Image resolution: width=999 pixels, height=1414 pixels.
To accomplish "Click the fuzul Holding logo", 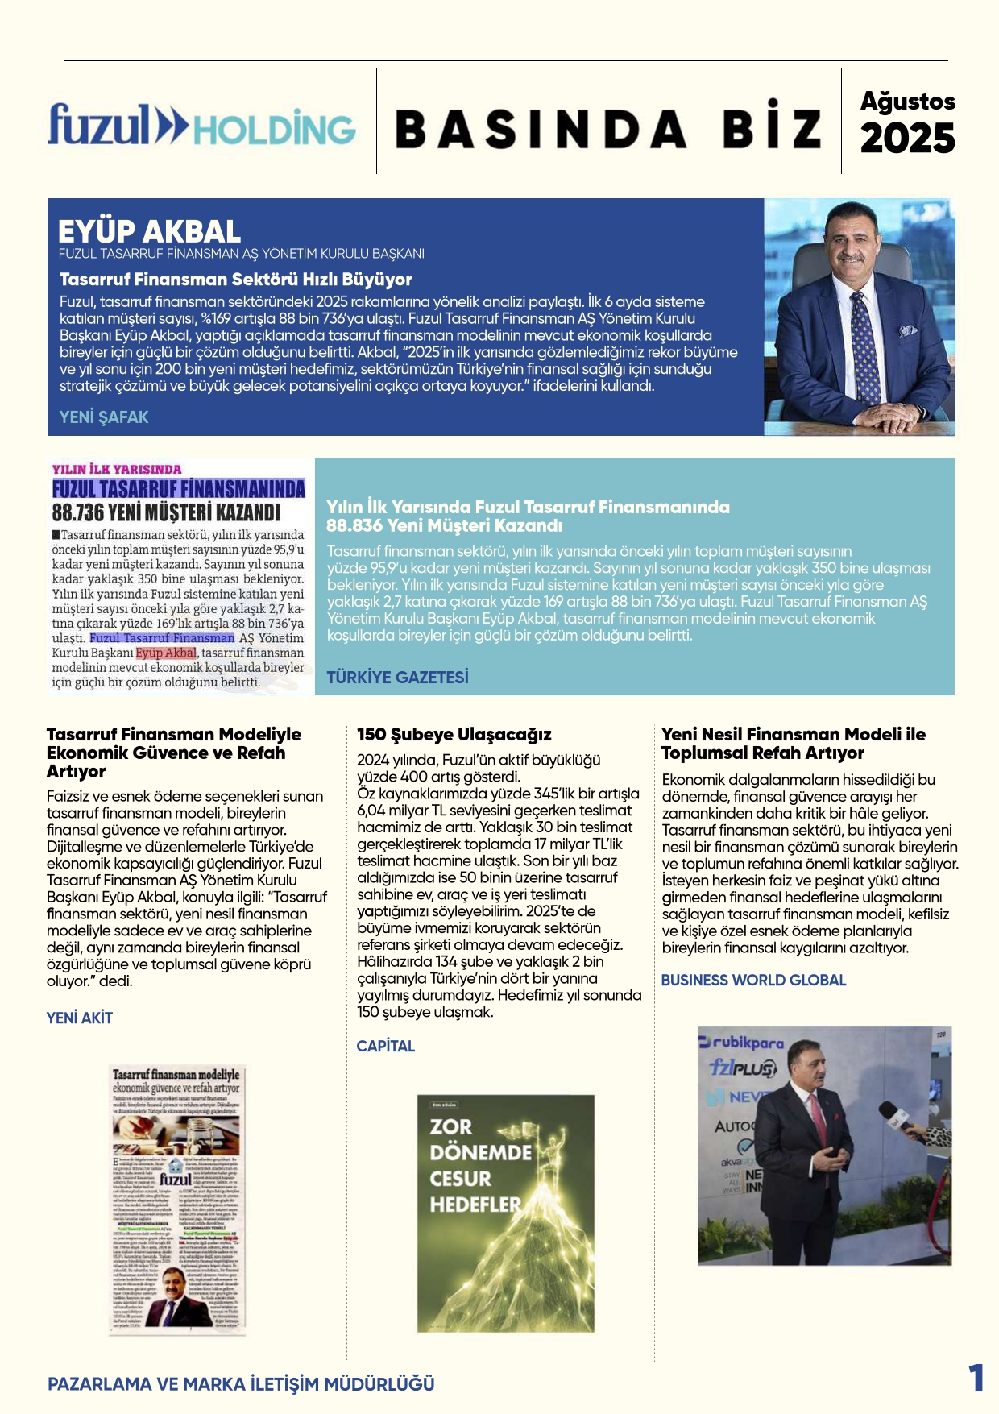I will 201,126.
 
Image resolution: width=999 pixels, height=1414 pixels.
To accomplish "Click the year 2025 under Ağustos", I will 907,139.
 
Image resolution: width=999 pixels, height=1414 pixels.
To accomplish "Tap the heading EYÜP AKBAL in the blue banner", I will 149,232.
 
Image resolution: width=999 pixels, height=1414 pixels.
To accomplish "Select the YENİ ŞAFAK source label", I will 104,417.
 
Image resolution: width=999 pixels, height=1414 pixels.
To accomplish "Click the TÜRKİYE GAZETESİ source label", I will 397,678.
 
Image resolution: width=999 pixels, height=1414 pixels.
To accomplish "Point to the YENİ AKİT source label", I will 80,1018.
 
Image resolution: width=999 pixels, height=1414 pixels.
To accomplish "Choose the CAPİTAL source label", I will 386,1046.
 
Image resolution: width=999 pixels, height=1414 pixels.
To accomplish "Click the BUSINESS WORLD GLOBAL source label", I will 753,981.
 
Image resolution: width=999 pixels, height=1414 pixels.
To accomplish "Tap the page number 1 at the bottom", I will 976,1379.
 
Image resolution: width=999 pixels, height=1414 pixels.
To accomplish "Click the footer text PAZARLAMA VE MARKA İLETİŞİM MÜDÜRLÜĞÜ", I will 241,1384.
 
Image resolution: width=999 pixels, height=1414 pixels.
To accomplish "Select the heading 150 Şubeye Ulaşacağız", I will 454,735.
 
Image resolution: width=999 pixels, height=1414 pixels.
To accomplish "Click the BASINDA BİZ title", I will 608,129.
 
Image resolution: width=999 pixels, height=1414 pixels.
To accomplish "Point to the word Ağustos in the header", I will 907,102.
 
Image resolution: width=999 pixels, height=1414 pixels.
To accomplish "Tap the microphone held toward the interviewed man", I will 895,1118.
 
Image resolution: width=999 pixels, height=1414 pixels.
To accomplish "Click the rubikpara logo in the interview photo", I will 741,1043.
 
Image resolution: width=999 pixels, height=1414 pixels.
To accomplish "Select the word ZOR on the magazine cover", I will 450,1126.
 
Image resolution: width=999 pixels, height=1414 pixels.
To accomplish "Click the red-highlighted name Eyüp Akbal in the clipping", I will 166,653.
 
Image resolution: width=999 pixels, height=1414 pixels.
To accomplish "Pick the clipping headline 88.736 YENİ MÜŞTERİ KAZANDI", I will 166,512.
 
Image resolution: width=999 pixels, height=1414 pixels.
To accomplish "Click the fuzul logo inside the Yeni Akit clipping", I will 176,1179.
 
